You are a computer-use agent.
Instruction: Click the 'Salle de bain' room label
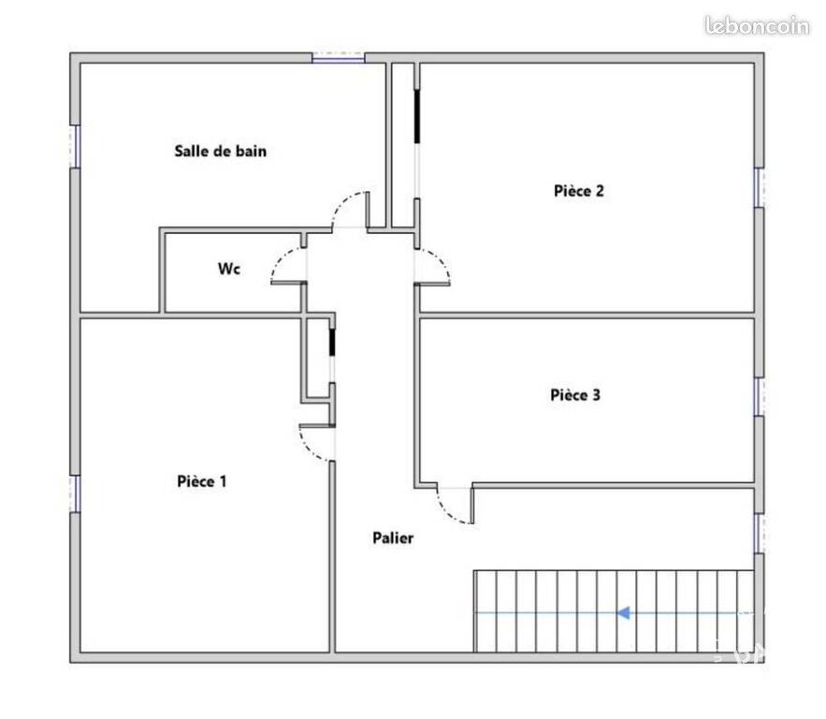tap(220, 152)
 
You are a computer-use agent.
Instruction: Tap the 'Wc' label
tap(229, 269)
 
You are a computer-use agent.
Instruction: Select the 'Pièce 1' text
tap(202, 481)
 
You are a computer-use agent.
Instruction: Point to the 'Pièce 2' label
tap(578, 191)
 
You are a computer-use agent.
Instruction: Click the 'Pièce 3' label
tap(575, 395)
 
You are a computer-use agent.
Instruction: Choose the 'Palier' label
tap(393, 537)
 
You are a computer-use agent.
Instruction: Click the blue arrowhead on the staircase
tap(624, 613)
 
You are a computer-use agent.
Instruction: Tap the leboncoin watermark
tap(757, 26)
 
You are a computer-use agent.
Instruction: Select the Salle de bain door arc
tap(341, 202)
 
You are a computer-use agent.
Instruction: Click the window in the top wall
tap(339, 57)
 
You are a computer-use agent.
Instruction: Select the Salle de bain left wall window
tap(76, 146)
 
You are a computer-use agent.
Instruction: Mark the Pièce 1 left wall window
tap(76, 493)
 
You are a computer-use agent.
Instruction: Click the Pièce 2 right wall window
tap(759, 187)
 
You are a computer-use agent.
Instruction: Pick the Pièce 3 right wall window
tap(759, 396)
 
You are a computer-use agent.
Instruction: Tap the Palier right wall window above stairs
tap(759, 534)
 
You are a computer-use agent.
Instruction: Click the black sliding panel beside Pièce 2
tap(416, 116)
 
